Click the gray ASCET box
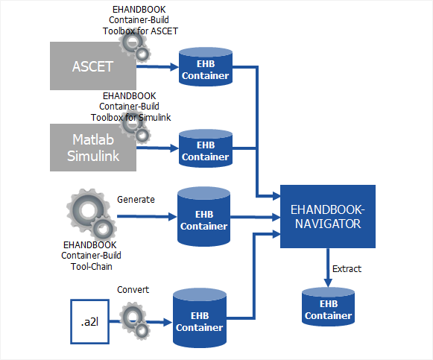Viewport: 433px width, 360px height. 93,66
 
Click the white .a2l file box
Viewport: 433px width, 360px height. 89,321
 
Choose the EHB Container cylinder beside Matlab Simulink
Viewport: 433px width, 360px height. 205,149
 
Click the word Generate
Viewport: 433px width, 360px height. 136,200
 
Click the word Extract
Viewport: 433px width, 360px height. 347,268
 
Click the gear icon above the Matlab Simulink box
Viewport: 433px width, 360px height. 135,129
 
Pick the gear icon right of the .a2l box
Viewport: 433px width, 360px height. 133,319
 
